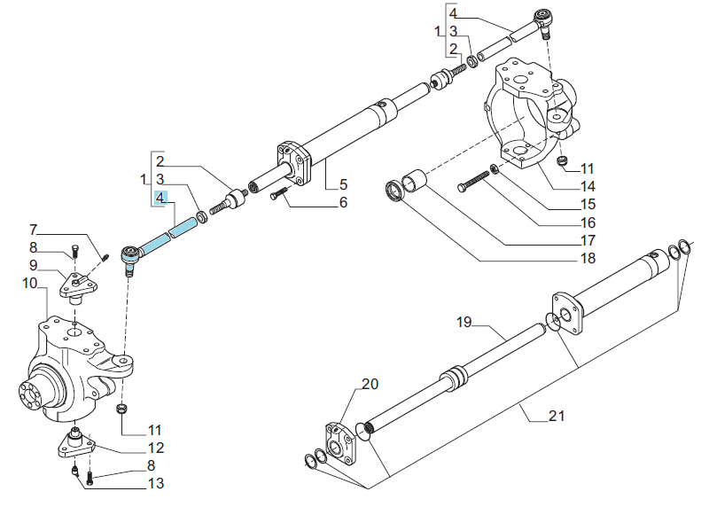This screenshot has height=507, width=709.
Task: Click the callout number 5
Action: tap(343, 184)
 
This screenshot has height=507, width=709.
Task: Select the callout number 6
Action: tap(343, 202)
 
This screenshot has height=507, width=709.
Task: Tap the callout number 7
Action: tap(33, 230)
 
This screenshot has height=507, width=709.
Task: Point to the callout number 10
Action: tap(30, 283)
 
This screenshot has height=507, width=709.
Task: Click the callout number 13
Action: tap(156, 483)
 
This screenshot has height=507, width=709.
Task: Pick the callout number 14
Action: tap(588, 186)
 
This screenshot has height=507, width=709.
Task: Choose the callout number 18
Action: tap(588, 258)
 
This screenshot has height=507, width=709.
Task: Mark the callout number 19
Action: tap(464, 322)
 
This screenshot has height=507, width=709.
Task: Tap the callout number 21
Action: tap(557, 416)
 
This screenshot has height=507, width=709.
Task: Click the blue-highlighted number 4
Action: tap(160, 198)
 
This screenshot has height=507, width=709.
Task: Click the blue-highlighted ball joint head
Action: tap(131, 254)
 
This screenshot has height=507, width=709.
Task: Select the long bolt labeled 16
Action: tap(473, 182)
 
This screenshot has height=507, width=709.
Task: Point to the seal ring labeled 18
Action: tap(394, 191)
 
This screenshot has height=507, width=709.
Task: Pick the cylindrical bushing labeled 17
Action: tap(414, 181)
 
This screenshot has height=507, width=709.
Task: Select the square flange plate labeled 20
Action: tap(340, 443)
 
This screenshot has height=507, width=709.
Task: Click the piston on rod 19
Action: tap(454, 378)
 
